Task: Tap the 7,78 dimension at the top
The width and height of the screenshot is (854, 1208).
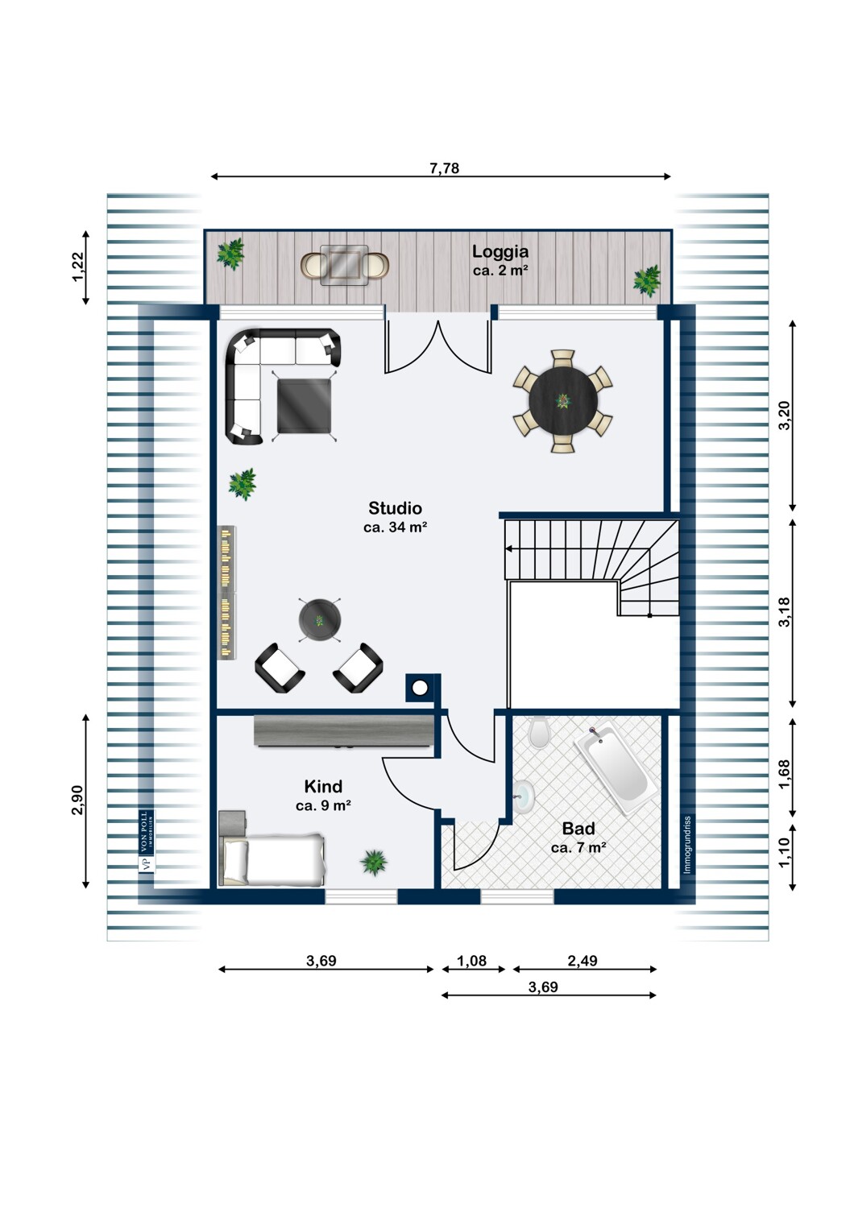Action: (444, 168)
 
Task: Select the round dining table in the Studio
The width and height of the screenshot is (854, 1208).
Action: (563, 401)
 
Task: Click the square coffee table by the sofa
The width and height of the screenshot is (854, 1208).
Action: (304, 406)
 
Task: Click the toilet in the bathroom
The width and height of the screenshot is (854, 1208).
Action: (538, 732)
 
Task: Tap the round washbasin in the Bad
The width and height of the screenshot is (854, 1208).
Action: (522, 796)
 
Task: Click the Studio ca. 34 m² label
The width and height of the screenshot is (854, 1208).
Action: (396, 517)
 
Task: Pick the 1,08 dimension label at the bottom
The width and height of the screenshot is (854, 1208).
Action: (471, 961)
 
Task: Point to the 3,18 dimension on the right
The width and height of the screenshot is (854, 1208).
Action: (785, 612)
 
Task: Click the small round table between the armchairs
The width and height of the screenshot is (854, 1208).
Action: (320, 620)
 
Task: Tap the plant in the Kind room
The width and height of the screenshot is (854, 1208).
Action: (373, 862)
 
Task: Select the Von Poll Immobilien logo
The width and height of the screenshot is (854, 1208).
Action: (146, 841)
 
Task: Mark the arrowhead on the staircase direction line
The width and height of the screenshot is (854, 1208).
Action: (508, 549)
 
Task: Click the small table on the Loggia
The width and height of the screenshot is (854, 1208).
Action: (341, 265)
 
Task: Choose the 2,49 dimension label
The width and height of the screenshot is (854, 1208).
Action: (582, 961)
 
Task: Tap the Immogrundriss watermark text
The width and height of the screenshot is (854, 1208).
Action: (686, 845)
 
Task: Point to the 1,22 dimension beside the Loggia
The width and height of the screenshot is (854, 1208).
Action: (78, 267)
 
